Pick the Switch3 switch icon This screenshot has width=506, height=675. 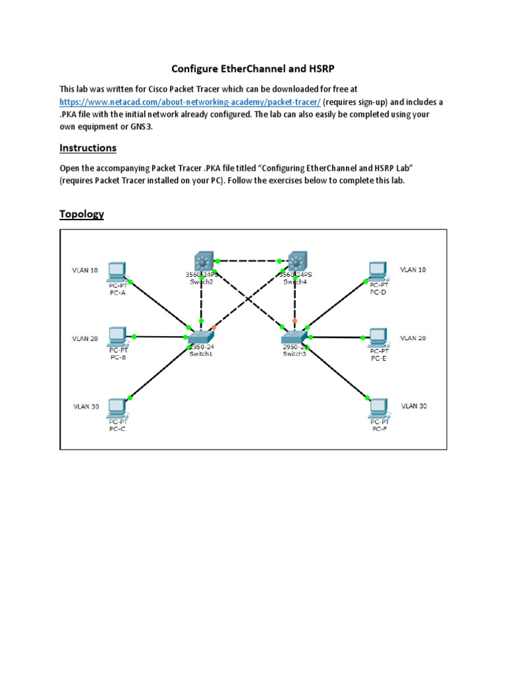[x=295, y=337]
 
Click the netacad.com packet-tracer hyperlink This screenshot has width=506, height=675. [x=190, y=103]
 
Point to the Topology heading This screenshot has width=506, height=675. [x=82, y=214]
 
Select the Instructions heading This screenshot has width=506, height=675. [x=88, y=148]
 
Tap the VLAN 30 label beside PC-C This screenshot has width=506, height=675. [x=86, y=407]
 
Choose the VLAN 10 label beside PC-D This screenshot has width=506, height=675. [x=412, y=270]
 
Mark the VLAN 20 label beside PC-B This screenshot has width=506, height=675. [x=86, y=339]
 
